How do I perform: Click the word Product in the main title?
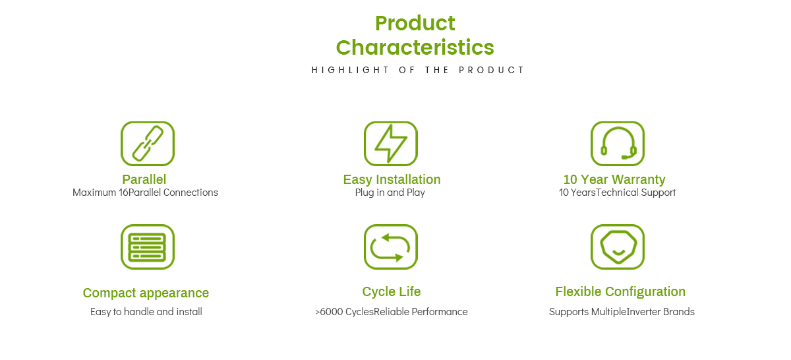[415, 23]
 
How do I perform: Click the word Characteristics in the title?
[415, 47]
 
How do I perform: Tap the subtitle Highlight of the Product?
[418, 70]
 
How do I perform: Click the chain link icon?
[148, 144]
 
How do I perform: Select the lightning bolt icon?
[390, 144]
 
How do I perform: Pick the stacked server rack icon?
[148, 247]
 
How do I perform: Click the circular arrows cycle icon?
[390, 247]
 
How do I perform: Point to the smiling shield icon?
[618, 247]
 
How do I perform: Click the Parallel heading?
[144, 179]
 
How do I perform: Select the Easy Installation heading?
[392, 179]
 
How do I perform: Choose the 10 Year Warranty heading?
[614, 179]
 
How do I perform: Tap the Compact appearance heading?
[146, 293]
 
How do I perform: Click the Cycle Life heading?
[392, 292]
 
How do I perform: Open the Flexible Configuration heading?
[620, 292]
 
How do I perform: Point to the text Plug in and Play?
[390, 193]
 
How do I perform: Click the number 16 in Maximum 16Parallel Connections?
[123, 193]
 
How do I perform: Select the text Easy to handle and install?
[146, 312]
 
